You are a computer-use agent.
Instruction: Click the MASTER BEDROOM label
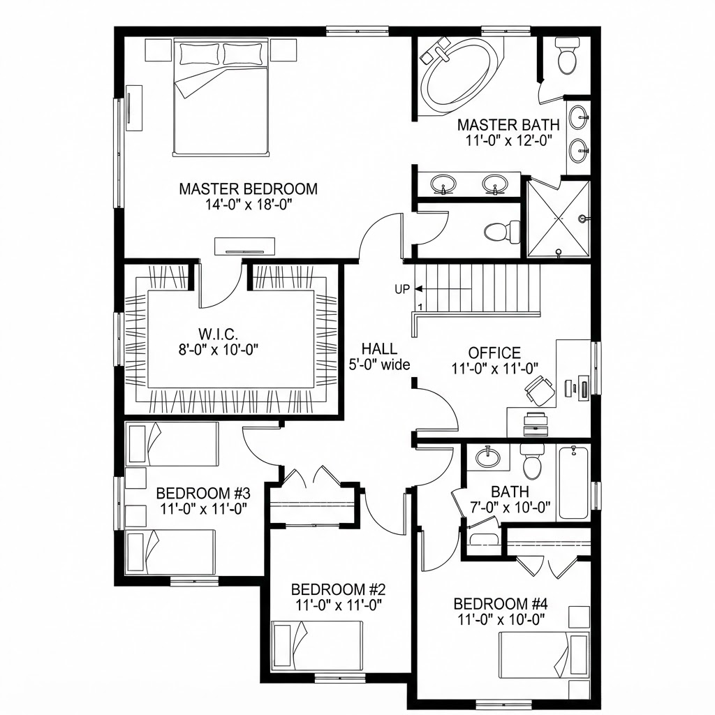pyautogui.click(x=248, y=189)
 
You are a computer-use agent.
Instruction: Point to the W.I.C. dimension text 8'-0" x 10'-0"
pyautogui.click(x=219, y=351)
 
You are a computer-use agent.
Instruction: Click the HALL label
pyautogui.click(x=379, y=349)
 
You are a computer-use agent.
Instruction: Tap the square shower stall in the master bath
pyautogui.click(x=559, y=219)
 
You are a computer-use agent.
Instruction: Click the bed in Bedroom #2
pyautogui.click(x=318, y=644)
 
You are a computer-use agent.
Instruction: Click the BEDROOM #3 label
pyautogui.click(x=203, y=494)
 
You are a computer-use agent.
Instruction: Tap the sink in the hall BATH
pyautogui.click(x=487, y=457)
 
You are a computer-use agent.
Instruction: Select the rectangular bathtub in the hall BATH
pyautogui.click(x=573, y=482)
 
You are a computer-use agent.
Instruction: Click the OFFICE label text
pyautogui.click(x=494, y=353)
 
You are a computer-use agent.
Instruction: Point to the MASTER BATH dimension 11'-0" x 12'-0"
pyautogui.click(x=509, y=140)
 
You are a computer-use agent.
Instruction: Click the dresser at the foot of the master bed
pyautogui.click(x=245, y=246)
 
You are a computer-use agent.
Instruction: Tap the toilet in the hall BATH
pyautogui.click(x=533, y=461)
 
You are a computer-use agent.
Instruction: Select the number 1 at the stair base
pyautogui.click(x=419, y=307)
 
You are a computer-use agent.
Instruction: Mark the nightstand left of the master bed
pyautogui.click(x=159, y=50)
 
